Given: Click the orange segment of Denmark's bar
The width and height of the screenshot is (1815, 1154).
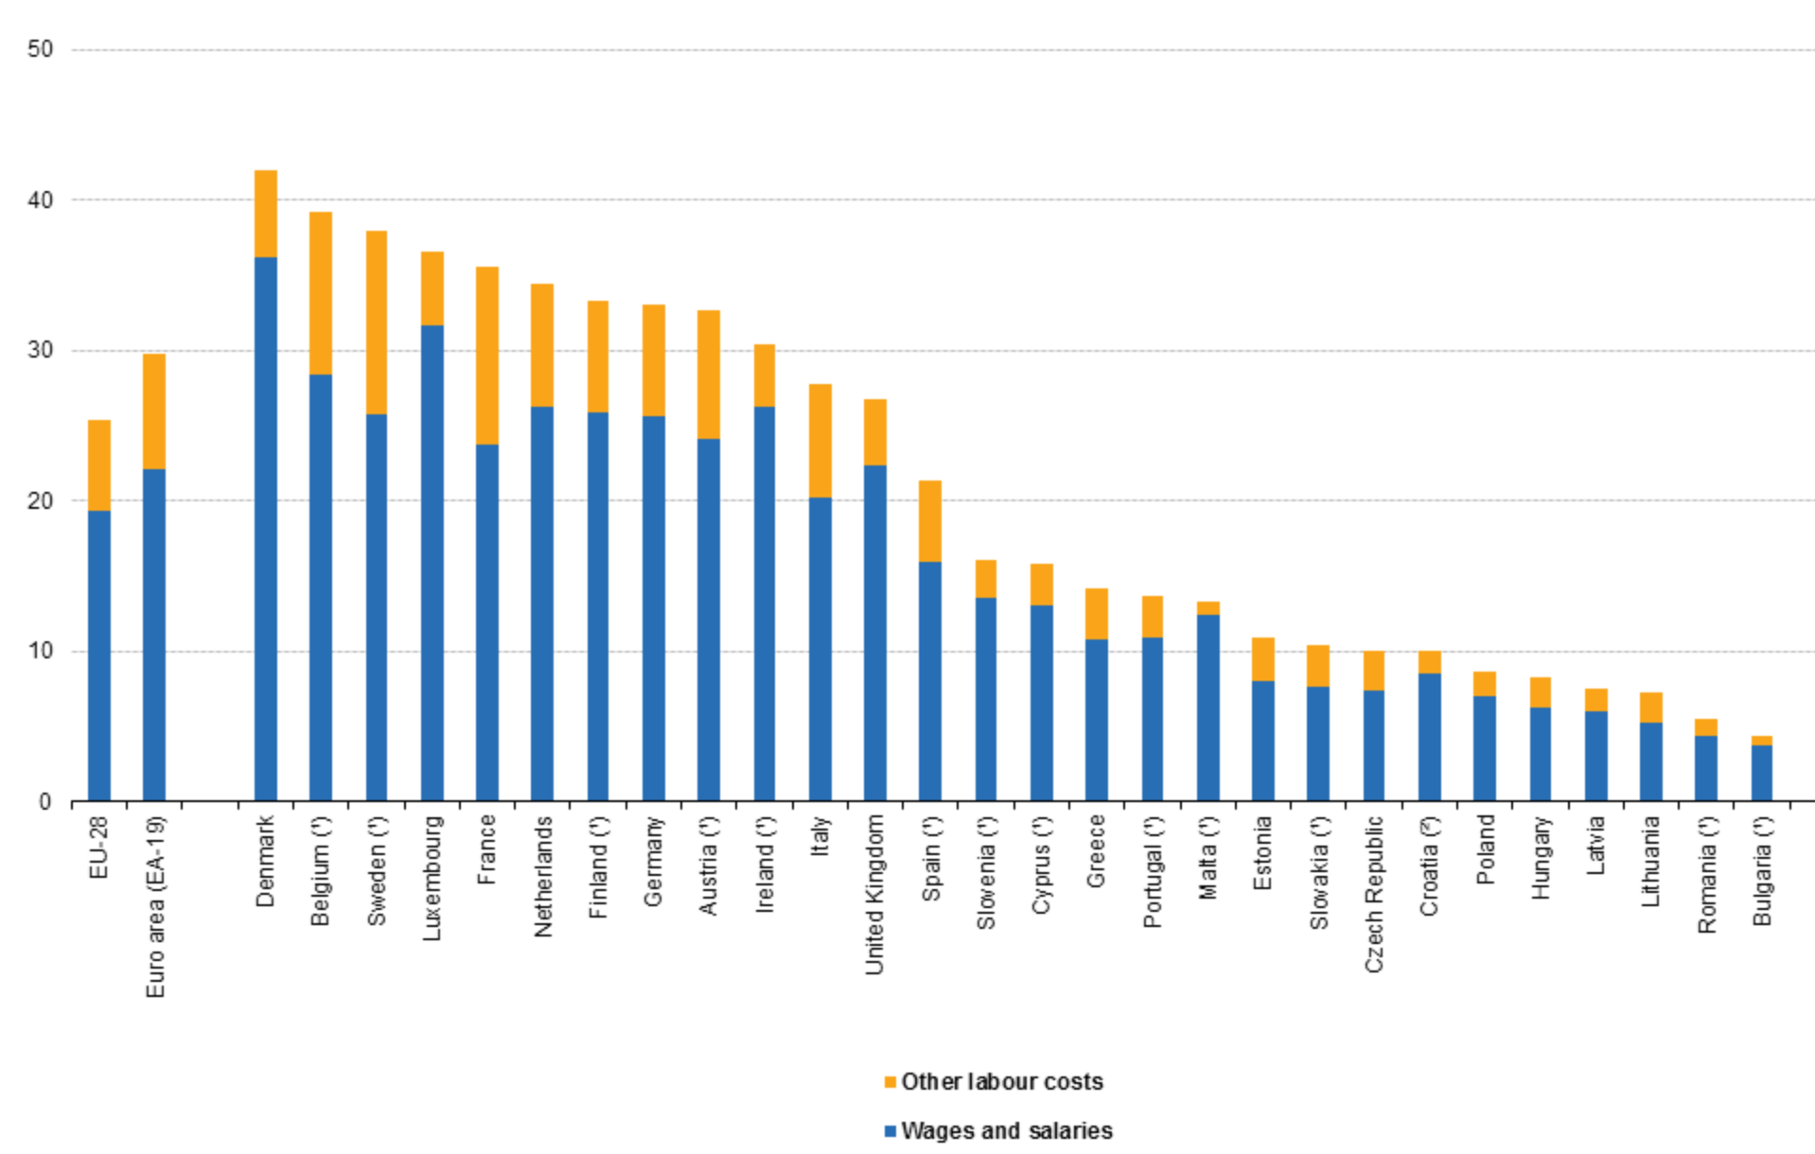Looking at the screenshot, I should [266, 214].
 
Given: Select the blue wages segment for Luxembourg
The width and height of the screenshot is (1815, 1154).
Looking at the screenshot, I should [432, 563].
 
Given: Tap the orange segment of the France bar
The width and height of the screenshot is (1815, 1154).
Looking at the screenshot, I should [486, 356].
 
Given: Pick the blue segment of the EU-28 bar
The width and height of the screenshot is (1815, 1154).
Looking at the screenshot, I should [99, 656].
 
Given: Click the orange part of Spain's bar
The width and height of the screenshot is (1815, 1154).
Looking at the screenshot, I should [930, 521].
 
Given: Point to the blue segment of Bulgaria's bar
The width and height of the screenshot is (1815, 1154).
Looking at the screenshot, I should [1761, 773].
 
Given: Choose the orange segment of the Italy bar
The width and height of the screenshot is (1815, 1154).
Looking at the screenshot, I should [819, 441].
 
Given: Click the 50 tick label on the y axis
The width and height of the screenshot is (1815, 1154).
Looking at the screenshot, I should [41, 49].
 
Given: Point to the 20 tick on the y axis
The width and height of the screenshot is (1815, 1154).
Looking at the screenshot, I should [41, 501].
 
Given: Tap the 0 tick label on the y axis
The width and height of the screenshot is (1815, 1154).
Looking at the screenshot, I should [45, 802].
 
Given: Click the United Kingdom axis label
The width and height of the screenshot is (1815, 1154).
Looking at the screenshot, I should [874, 895].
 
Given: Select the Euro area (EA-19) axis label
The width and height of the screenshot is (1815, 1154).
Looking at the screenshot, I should [156, 906].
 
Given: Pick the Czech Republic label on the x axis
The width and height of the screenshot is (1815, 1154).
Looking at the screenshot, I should [1374, 894].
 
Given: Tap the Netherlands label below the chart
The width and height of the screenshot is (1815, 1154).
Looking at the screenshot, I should [542, 876].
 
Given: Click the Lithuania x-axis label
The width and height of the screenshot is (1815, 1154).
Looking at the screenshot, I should [1650, 862].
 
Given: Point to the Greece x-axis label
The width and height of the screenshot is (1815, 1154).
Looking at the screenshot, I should [1096, 850].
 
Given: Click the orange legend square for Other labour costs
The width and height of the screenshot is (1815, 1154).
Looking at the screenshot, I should [890, 1082].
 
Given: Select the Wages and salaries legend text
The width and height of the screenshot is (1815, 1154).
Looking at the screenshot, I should [1006, 1130].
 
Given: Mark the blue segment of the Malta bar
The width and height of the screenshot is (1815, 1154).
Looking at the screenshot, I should [1207, 708].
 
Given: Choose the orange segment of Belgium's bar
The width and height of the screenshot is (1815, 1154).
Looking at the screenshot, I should [321, 293].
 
